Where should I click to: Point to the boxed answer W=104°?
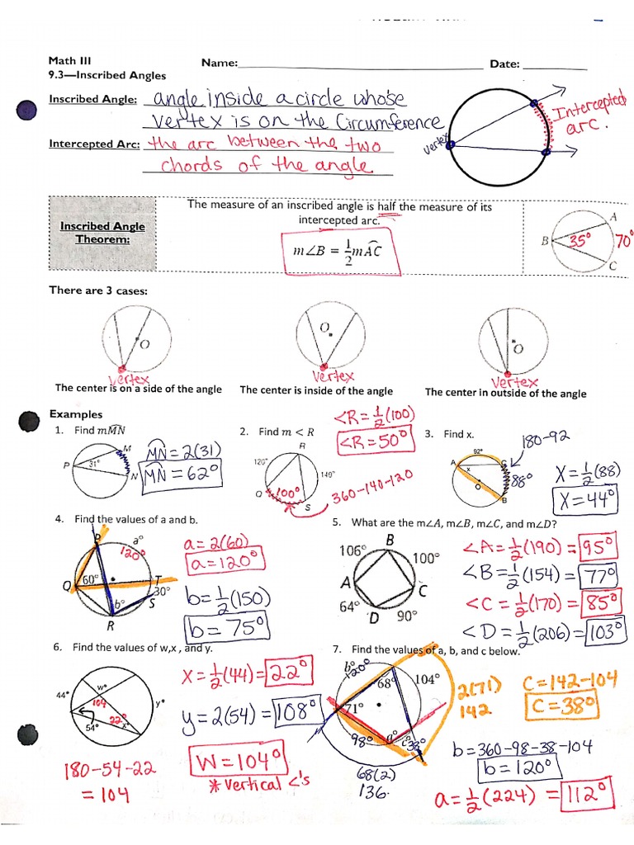point(236,754)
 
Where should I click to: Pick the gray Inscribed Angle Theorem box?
point(102,233)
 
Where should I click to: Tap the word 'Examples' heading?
point(76,414)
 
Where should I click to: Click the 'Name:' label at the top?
point(219,64)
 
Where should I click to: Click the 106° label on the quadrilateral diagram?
point(352,550)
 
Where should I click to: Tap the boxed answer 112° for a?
point(590,799)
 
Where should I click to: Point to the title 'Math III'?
point(67,61)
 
